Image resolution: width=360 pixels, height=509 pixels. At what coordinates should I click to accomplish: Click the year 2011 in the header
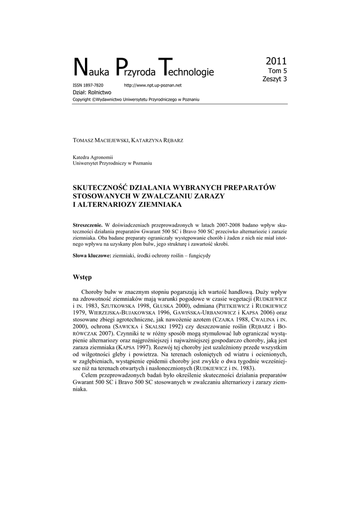click(276, 62)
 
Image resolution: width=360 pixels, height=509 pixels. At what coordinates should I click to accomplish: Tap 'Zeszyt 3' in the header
click(274, 79)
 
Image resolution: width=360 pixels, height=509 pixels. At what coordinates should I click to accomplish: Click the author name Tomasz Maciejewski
click(101, 141)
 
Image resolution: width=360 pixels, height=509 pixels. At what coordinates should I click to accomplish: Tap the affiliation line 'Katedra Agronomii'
click(93, 157)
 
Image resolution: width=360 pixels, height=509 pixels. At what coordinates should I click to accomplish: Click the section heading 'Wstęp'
click(83, 276)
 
